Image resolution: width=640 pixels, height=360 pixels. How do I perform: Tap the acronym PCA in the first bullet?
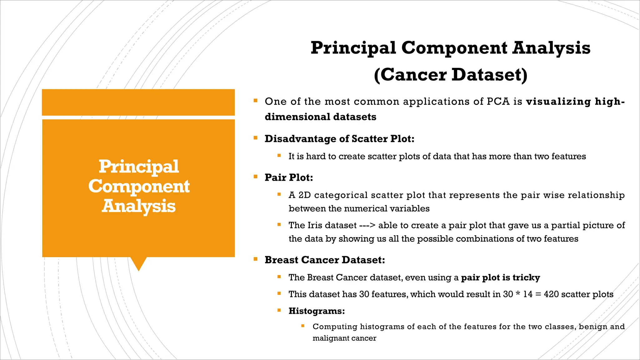pyautogui.click(x=498, y=102)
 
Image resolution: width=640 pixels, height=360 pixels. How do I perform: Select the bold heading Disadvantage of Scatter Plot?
pyautogui.click(x=339, y=139)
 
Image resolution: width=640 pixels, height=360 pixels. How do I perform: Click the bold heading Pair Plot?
pyautogui.click(x=288, y=177)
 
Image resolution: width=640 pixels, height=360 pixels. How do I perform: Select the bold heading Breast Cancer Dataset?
pyautogui.click(x=325, y=260)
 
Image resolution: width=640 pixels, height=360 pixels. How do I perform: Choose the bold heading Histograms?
pyautogui.click(x=317, y=311)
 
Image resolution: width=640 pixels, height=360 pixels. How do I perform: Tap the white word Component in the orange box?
pyautogui.click(x=139, y=187)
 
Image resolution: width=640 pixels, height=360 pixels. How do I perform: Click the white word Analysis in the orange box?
pyautogui.click(x=139, y=206)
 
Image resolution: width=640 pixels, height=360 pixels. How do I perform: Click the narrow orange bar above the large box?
pyautogui.click(x=138, y=102)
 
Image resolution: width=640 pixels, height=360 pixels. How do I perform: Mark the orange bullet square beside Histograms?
pyautogui.click(x=279, y=310)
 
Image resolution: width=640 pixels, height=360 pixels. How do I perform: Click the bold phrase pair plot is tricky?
pyautogui.click(x=500, y=277)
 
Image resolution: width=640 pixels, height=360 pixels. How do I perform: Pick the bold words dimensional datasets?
pyautogui.click(x=320, y=117)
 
